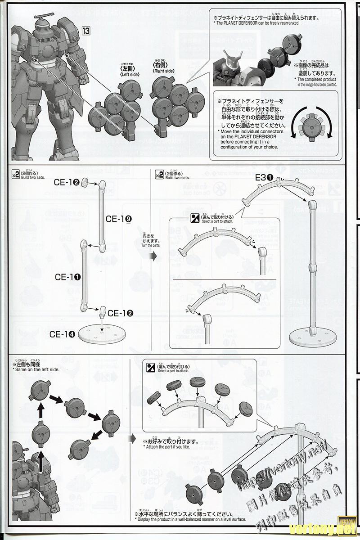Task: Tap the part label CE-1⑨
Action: [x=119, y=218]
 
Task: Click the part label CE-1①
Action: [x=68, y=277]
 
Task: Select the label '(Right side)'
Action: [x=164, y=71]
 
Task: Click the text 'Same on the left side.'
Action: [x=38, y=369]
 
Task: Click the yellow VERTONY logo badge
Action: [x=346, y=518]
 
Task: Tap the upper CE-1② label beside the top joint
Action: [x=67, y=182]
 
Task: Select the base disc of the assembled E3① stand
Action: [x=311, y=335]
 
